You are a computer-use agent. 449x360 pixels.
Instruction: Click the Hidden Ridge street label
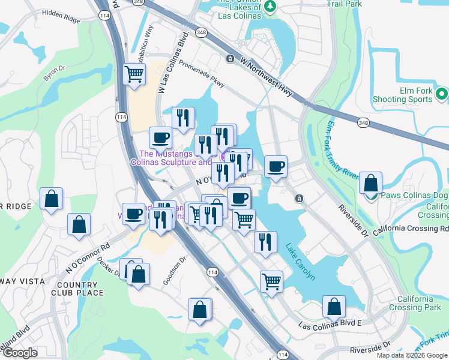click(61, 16)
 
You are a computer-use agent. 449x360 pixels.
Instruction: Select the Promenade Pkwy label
click(202, 76)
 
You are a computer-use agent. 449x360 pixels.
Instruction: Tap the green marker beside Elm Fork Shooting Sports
click(442, 94)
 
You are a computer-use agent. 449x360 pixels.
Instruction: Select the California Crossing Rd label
click(411, 229)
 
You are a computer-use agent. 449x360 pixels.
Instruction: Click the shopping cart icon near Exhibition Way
click(134, 74)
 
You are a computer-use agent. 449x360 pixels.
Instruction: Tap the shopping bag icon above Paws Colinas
click(371, 183)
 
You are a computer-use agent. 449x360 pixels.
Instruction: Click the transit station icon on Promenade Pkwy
click(230, 59)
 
